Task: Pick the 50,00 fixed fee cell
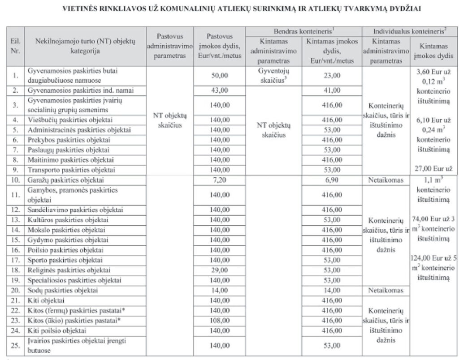pyautogui.click(x=220, y=76)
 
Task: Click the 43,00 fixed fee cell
pyautogui.click(x=220, y=90)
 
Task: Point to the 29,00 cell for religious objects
pyautogui.click(x=220, y=270)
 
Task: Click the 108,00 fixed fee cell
pyautogui.click(x=220, y=321)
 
